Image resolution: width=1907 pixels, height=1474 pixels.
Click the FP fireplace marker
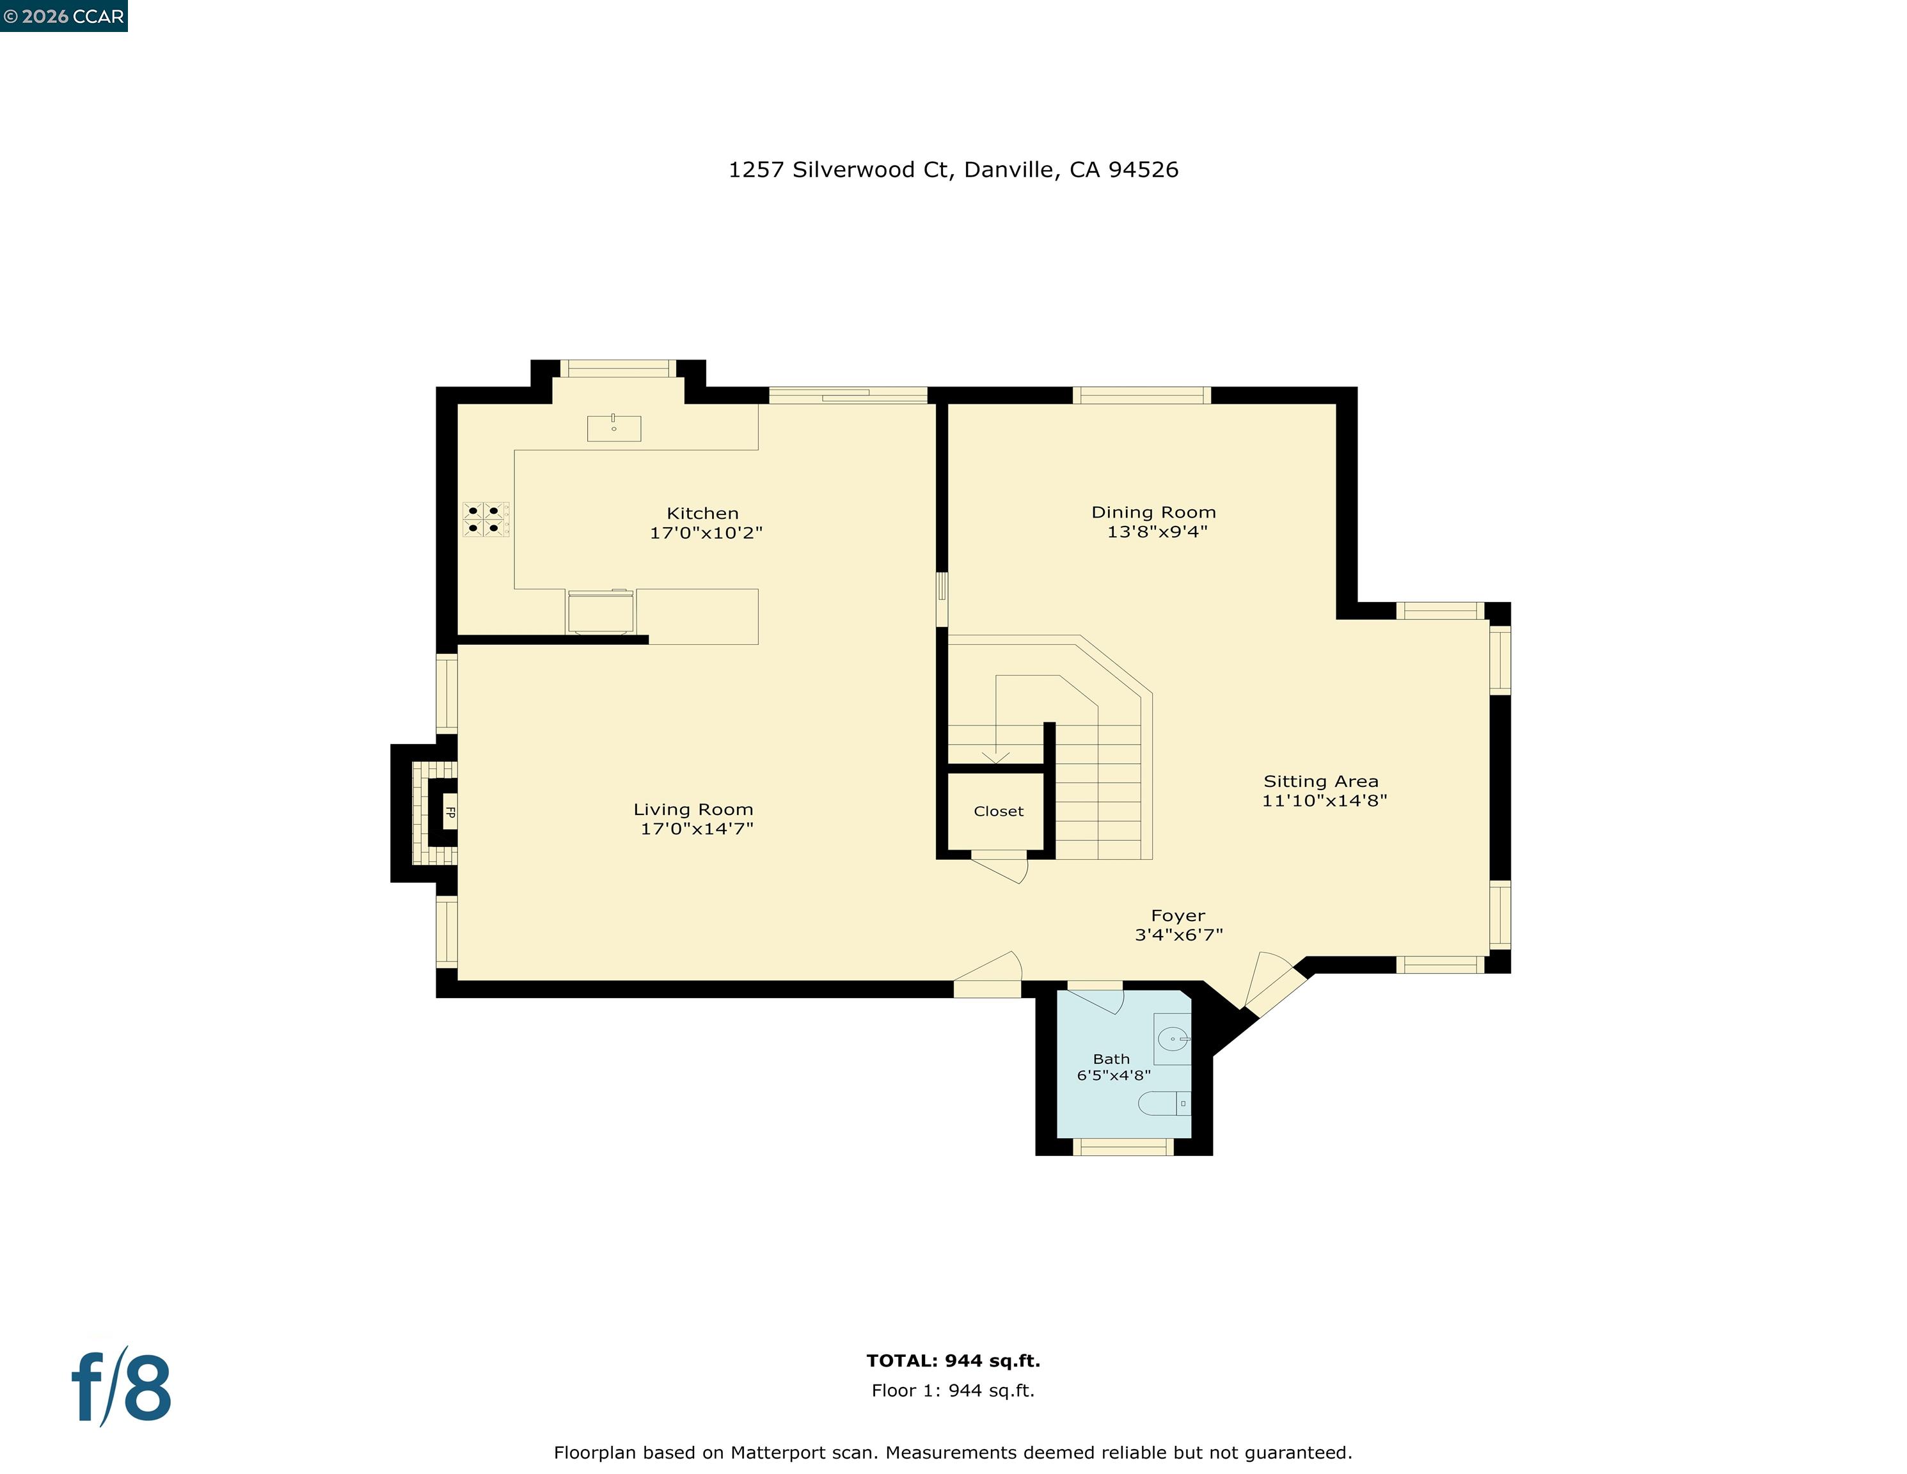click(x=450, y=812)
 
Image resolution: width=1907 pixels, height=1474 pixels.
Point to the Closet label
click(x=998, y=811)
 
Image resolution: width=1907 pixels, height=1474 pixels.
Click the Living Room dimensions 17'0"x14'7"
click(x=697, y=828)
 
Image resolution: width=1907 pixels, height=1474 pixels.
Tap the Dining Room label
click(x=1153, y=512)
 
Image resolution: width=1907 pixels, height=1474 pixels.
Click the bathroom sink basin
click(x=1172, y=1039)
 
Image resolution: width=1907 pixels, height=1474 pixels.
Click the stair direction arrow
click(x=995, y=756)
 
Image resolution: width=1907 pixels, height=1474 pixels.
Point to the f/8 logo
click(x=120, y=1387)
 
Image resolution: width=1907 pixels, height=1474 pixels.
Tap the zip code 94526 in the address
click(x=1143, y=170)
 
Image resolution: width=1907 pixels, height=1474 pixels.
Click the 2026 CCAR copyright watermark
click(x=64, y=17)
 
